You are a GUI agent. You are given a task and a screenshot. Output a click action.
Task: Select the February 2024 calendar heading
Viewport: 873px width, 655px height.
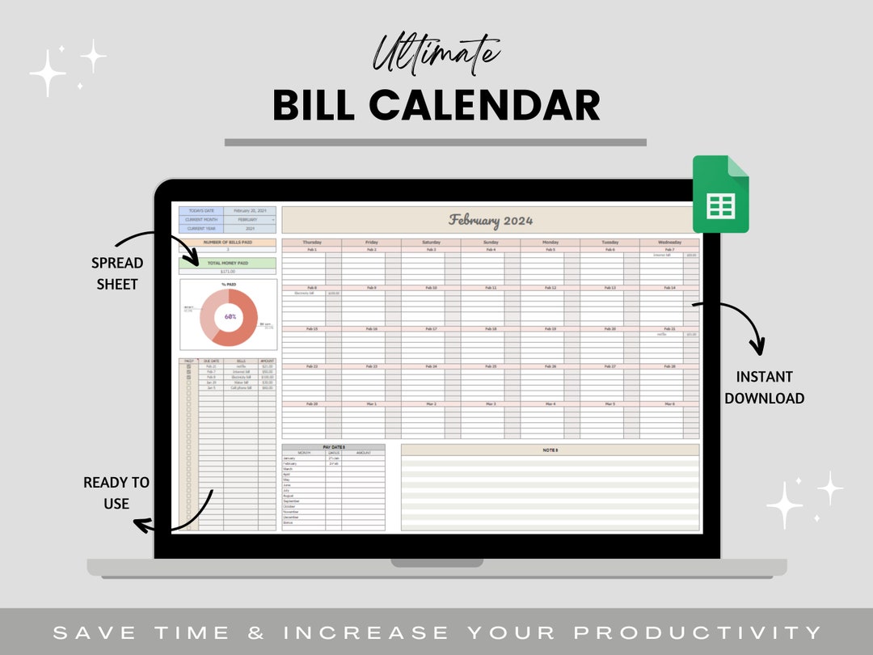491,220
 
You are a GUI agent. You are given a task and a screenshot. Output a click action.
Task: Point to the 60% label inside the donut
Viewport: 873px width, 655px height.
230,316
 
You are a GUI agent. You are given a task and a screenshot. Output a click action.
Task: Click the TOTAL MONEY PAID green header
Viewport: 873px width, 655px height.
227,263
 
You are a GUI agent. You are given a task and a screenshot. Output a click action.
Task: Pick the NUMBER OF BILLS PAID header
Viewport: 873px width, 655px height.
227,242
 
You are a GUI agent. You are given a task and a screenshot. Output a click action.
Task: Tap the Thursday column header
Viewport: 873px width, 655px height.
311,242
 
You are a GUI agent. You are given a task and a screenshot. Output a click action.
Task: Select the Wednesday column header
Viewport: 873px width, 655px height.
669,242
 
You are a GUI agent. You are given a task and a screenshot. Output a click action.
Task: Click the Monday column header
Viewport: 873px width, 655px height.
550,242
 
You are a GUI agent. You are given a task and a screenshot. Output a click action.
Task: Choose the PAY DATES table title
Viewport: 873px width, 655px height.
333,447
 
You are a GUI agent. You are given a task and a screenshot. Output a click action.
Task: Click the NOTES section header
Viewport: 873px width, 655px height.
550,449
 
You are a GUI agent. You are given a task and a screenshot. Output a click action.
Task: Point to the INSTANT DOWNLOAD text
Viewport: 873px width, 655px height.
764,387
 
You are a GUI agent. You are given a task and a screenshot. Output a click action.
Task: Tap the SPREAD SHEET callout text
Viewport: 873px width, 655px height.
117,273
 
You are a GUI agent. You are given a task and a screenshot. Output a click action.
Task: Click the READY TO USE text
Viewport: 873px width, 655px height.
116,492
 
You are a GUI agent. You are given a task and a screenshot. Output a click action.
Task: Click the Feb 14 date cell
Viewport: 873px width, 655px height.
669,288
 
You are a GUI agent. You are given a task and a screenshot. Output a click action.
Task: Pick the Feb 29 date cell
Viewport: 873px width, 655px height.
311,404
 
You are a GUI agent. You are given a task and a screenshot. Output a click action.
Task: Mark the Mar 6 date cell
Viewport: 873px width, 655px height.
669,404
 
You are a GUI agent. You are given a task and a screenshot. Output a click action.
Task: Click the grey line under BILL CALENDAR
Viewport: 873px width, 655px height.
436,142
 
